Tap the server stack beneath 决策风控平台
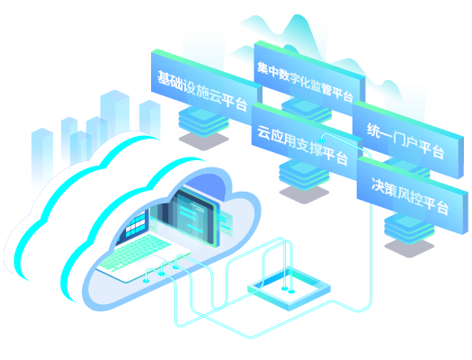(x=409, y=229)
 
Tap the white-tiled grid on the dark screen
(x=136, y=224)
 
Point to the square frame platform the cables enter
(x=289, y=288)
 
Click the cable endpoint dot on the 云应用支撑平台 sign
(x=322, y=140)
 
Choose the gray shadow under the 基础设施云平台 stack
(x=203, y=140)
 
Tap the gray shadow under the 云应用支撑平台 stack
(x=304, y=193)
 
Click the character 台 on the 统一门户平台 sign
(x=438, y=151)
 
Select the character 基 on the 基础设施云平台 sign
(x=164, y=78)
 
